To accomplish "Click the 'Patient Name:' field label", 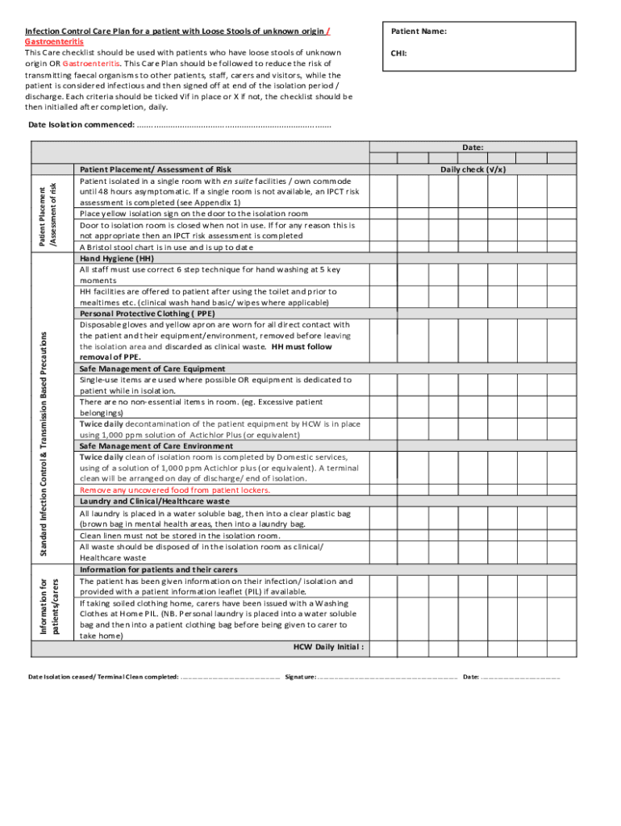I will [419, 31].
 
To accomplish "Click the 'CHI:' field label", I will [399, 54].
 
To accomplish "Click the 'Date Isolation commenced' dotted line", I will [234, 125].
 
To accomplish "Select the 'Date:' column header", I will [473, 147].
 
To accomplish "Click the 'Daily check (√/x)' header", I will [473, 169].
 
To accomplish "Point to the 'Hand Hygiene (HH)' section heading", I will [116, 258].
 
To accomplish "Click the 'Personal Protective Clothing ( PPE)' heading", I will [145, 313].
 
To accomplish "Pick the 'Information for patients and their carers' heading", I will [158, 569].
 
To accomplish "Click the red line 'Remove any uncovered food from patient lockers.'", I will [175, 490].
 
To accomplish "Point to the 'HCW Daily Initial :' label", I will [327, 647].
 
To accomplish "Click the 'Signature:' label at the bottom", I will [300, 677].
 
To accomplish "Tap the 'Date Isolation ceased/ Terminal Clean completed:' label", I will [103, 677].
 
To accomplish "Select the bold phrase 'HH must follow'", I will [302, 346].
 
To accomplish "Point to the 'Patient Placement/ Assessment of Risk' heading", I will [155, 169].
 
